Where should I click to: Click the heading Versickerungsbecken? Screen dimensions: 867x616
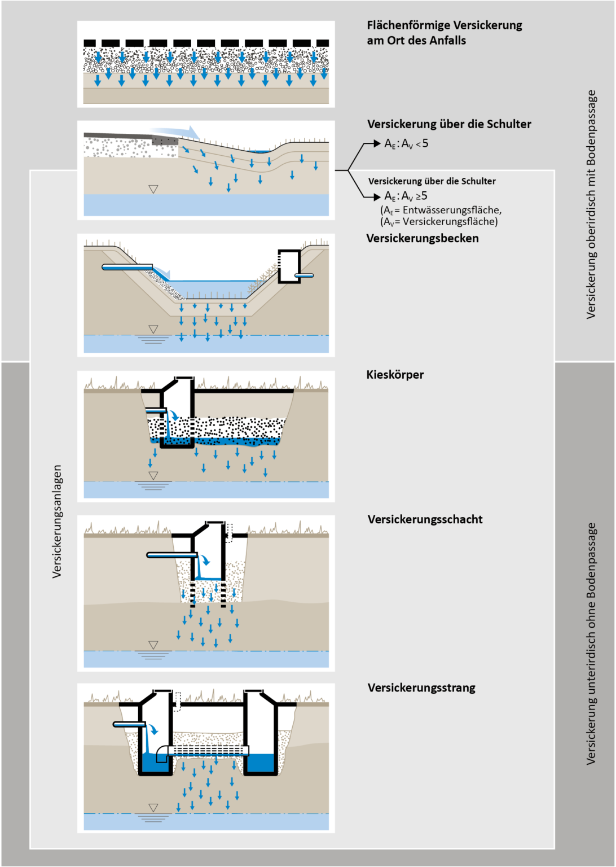423,238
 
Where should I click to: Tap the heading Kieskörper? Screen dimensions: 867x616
395,375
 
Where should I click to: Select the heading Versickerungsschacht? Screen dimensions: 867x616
425,519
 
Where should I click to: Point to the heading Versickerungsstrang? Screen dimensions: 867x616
421,688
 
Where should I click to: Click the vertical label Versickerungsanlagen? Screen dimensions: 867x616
57,521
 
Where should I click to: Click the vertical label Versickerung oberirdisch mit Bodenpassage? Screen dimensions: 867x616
591,204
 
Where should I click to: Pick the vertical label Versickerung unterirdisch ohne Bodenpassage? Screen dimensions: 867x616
591,643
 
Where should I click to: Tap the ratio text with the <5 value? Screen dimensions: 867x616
406,144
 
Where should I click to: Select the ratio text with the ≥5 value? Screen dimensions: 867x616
406,196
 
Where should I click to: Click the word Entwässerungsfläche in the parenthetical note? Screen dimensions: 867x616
451,210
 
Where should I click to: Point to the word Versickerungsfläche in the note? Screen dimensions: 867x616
450,222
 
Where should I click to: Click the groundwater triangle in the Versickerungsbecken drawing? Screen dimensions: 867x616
153,329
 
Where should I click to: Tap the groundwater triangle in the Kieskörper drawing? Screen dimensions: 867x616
153,476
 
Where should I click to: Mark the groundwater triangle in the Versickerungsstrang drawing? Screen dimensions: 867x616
153,808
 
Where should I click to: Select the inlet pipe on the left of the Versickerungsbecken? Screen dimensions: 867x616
127,267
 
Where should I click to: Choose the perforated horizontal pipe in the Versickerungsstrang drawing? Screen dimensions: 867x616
209,751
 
